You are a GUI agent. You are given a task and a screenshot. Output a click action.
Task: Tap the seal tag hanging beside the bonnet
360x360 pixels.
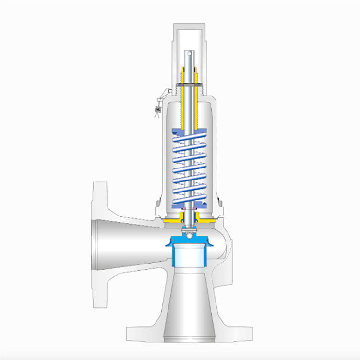tap(157, 109)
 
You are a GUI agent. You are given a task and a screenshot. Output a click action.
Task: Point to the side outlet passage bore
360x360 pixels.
tap(130, 240)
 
